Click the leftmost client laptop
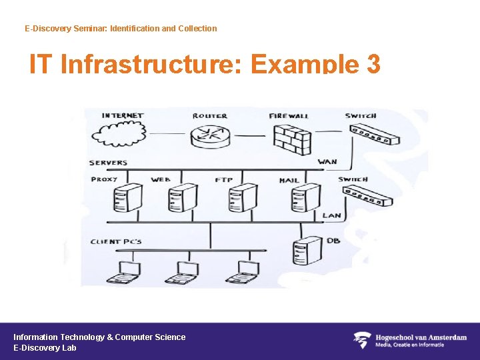click(124, 272)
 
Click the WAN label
click(327, 162)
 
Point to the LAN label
click(331, 215)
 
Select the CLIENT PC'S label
click(116, 241)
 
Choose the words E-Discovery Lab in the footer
click(45, 348)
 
